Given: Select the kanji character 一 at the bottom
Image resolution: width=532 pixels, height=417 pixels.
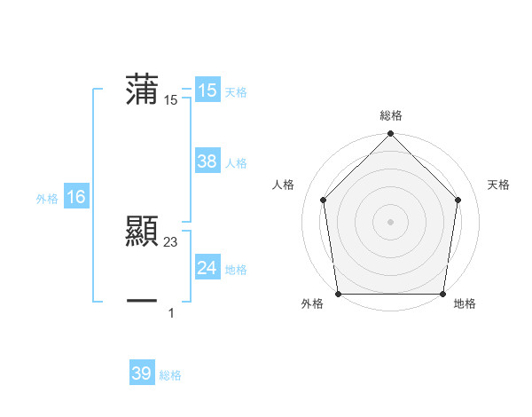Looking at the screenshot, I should [x=142, y=302].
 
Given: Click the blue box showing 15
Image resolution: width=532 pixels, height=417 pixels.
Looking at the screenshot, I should [x=207, y=90].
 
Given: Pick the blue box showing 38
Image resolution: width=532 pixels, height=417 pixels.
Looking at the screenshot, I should [x=207, y=161].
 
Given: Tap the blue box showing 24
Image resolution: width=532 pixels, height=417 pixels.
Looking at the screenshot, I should [x=207, y=268].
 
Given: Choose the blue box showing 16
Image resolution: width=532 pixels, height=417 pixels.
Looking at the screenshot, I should [x=75, y=197].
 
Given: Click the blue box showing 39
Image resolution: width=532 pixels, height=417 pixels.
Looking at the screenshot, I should [x=141, y=374].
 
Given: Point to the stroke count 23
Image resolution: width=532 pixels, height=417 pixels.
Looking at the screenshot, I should [x=171, y=241].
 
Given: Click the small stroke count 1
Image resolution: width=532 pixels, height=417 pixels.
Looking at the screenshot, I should [x=171, y=312].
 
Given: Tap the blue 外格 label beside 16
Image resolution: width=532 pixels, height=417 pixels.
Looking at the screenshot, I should [x=47, y=199].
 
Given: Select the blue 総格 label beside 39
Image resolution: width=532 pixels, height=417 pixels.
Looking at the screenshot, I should [x=170, y=375].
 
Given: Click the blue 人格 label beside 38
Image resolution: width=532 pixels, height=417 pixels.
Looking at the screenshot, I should [x=236, y=163].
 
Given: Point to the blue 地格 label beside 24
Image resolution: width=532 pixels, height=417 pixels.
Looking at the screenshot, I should [x=236, y=270].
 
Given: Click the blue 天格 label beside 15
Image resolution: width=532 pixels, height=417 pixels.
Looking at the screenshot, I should [x=236, y=92].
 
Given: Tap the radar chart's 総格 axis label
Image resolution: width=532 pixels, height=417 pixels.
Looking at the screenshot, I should [x=391, y=115].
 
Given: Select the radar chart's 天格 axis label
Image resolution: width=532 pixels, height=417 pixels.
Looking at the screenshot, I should [x=498, y=185].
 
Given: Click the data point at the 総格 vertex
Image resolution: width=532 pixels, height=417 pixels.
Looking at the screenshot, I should [x=391, y=135].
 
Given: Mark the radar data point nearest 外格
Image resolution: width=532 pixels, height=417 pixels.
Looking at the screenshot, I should [x=338, y=294].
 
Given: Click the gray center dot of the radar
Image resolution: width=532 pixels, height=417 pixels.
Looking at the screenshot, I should [x=391, y=221].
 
